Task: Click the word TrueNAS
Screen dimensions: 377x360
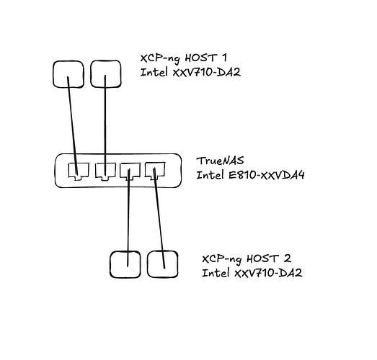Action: tap(220, 161)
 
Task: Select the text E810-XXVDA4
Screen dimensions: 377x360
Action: tap(267, 175)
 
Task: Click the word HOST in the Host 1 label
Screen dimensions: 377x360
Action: tap(201, 58)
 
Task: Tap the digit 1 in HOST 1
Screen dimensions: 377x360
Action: tap(224, 58)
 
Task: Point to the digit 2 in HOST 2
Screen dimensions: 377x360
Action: tap(288, 258)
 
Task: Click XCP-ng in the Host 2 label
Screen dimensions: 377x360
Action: tap(222, 259)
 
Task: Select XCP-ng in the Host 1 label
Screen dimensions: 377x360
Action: tap(160, 59)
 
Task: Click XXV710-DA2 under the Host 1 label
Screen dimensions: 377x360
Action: tap(207, 72)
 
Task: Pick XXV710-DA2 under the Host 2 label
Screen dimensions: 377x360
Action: tap(268, 273)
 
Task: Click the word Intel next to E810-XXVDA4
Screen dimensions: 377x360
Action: tap(210, 175)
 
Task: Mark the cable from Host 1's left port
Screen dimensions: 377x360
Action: tap(72, 125)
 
